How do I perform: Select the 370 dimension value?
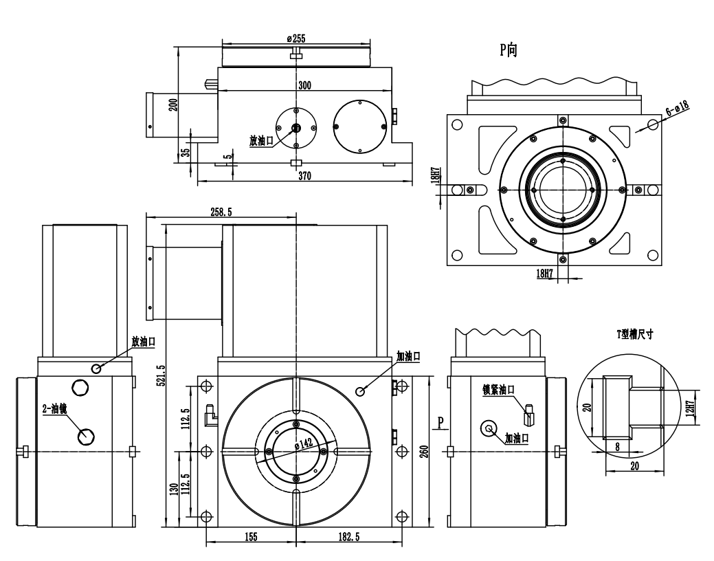tap(304, 177)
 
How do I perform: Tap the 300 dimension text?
tap(304, 86)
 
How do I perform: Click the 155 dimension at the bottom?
tap(250, 537)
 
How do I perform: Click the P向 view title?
tap(509, 50)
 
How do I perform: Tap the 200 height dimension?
tap(173, 104)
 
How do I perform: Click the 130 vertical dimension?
tap(174, 489)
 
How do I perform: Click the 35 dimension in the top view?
tap(184, 153)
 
